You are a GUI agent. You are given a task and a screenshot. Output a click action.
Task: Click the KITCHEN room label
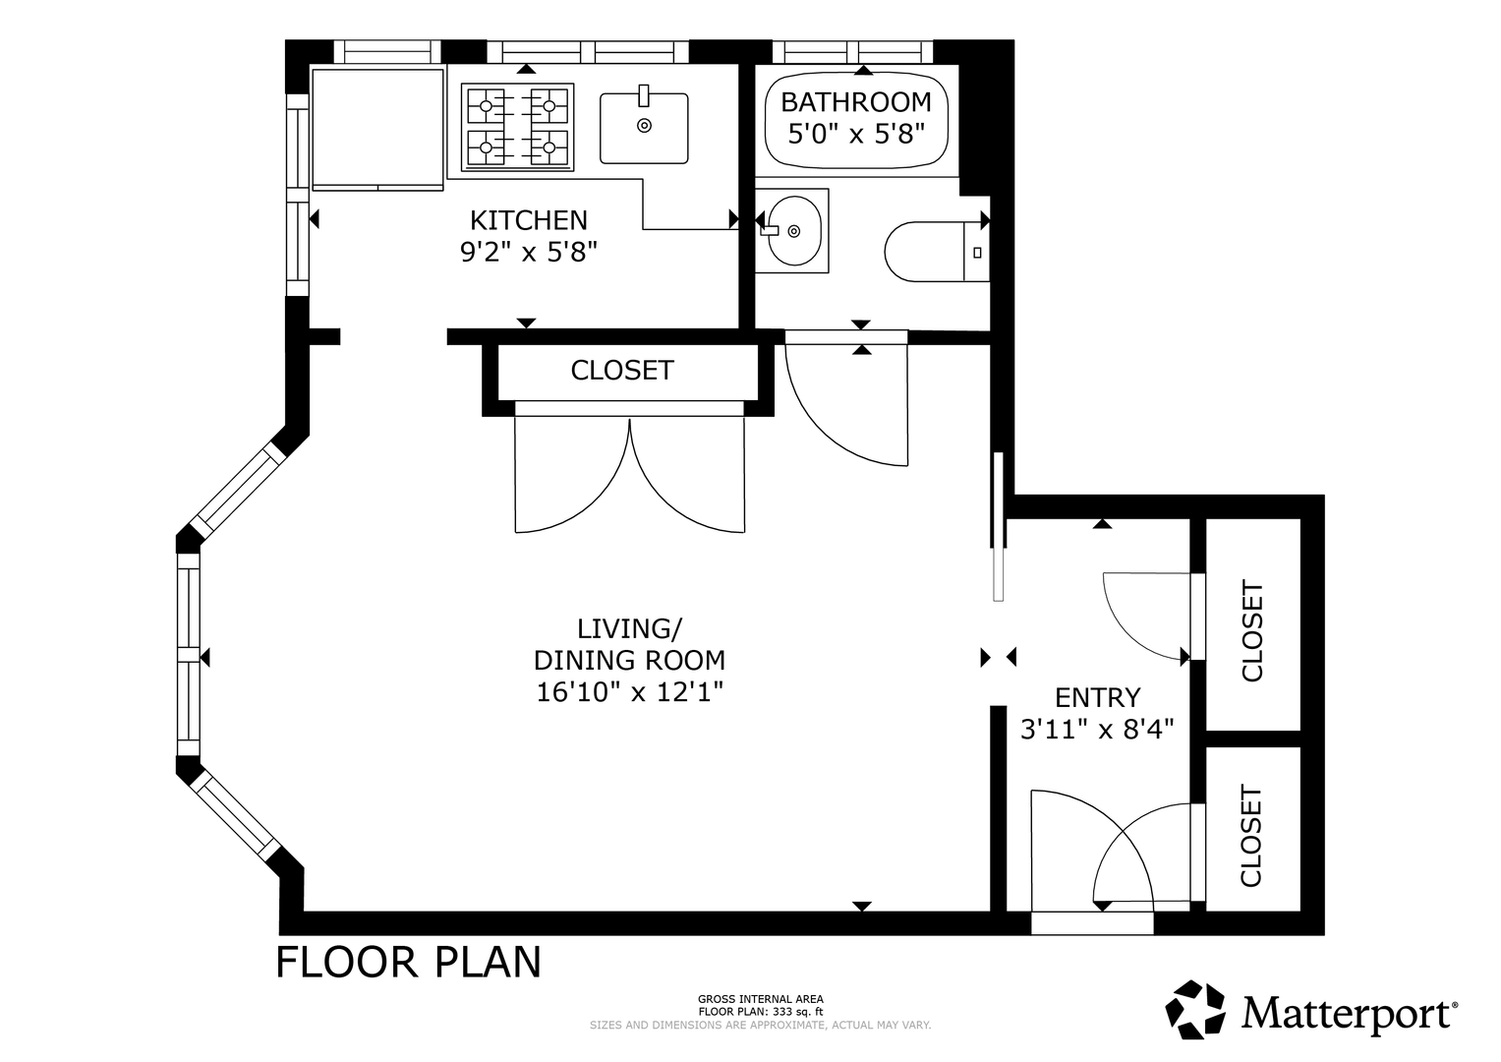tap(528, 220)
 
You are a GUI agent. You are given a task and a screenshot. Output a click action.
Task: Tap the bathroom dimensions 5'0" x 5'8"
tap(856, 134)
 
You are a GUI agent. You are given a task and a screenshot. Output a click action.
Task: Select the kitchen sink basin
tap(643, 128)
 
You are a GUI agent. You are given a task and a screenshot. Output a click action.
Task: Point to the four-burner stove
tap(517, 127)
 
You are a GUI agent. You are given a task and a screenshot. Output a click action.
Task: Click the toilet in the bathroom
tap(937, 252)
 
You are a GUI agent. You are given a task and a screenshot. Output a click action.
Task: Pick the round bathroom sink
tap(794, 231)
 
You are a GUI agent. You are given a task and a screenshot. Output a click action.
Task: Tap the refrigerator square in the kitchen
tap(377, 130)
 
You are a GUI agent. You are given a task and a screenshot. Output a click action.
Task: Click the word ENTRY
tap(1097, 698)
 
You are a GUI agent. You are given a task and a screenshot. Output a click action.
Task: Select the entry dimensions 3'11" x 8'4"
tap(1097, 729)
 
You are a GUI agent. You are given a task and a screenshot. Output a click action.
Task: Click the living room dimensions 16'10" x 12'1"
tap(629, 691)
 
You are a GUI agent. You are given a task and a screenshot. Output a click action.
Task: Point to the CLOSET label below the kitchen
tap(622, 370)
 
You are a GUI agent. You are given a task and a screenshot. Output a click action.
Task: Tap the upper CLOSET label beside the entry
tap(1251, 631)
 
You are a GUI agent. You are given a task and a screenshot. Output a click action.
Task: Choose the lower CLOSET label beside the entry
tap(1251, 836)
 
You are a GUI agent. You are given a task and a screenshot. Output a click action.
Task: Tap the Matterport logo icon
tap(1194, 1010)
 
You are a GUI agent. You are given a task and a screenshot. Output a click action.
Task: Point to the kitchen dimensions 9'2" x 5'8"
tap(528, 252)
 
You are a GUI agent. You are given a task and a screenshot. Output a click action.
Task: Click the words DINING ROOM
tap(629, 661)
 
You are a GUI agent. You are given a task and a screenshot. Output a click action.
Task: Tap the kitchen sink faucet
tap(644, 96)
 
